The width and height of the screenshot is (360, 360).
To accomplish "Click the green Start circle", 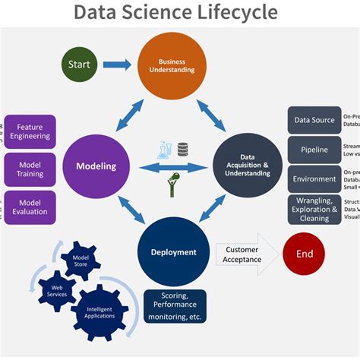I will pyautogui.click(x=79, y=65).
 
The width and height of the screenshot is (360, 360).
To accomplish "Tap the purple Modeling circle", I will pyautogui.click(x=96, y=166).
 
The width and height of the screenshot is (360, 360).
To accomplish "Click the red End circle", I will pyautogui.click(x=303, y=254).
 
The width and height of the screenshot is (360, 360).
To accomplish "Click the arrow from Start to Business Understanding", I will pyautogui.click(x=117, y=65).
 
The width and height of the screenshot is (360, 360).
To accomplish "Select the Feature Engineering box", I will pyautogui.click(x=30, y=131).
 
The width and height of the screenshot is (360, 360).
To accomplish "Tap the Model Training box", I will pyautogui.click(x=30, y=168).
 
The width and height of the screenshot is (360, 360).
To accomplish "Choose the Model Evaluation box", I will pyautogui.click(x=30, y=207).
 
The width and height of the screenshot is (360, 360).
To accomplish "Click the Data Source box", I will pyautogui.click(x=314, y=120).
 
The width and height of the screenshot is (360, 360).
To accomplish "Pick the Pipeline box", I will pyautogui.click(x=314, y=150).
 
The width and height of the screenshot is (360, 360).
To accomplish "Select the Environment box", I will pyautogui.click(x=314, y=179).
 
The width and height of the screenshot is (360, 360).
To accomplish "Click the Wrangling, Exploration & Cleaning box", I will pyautogui.click(x=314, y=210).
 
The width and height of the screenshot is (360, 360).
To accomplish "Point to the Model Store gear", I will pyautogui.click(x=81, y=261).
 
